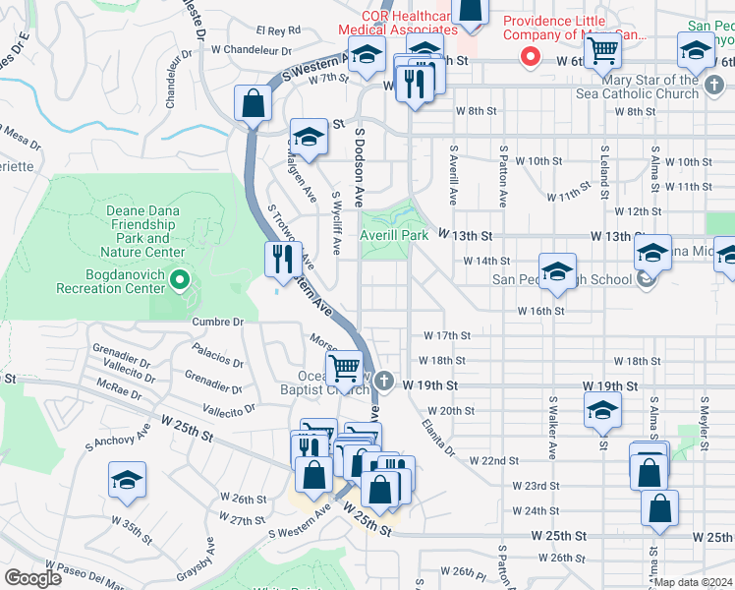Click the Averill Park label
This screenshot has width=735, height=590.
click(393, 236)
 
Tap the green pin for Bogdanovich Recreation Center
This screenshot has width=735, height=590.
click(178, 283)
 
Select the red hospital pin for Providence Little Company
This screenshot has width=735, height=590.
click(531, 57)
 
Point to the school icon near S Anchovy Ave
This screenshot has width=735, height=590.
click(127, 481)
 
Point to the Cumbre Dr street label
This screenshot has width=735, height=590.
click(217, 322)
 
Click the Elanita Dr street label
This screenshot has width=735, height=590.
click(437, 438)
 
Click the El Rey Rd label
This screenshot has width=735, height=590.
click(278, 30)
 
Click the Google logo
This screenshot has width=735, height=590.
click(32, 578)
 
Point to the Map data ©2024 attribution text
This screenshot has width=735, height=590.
click(693, 582)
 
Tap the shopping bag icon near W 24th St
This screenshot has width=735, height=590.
click(659, 508)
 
